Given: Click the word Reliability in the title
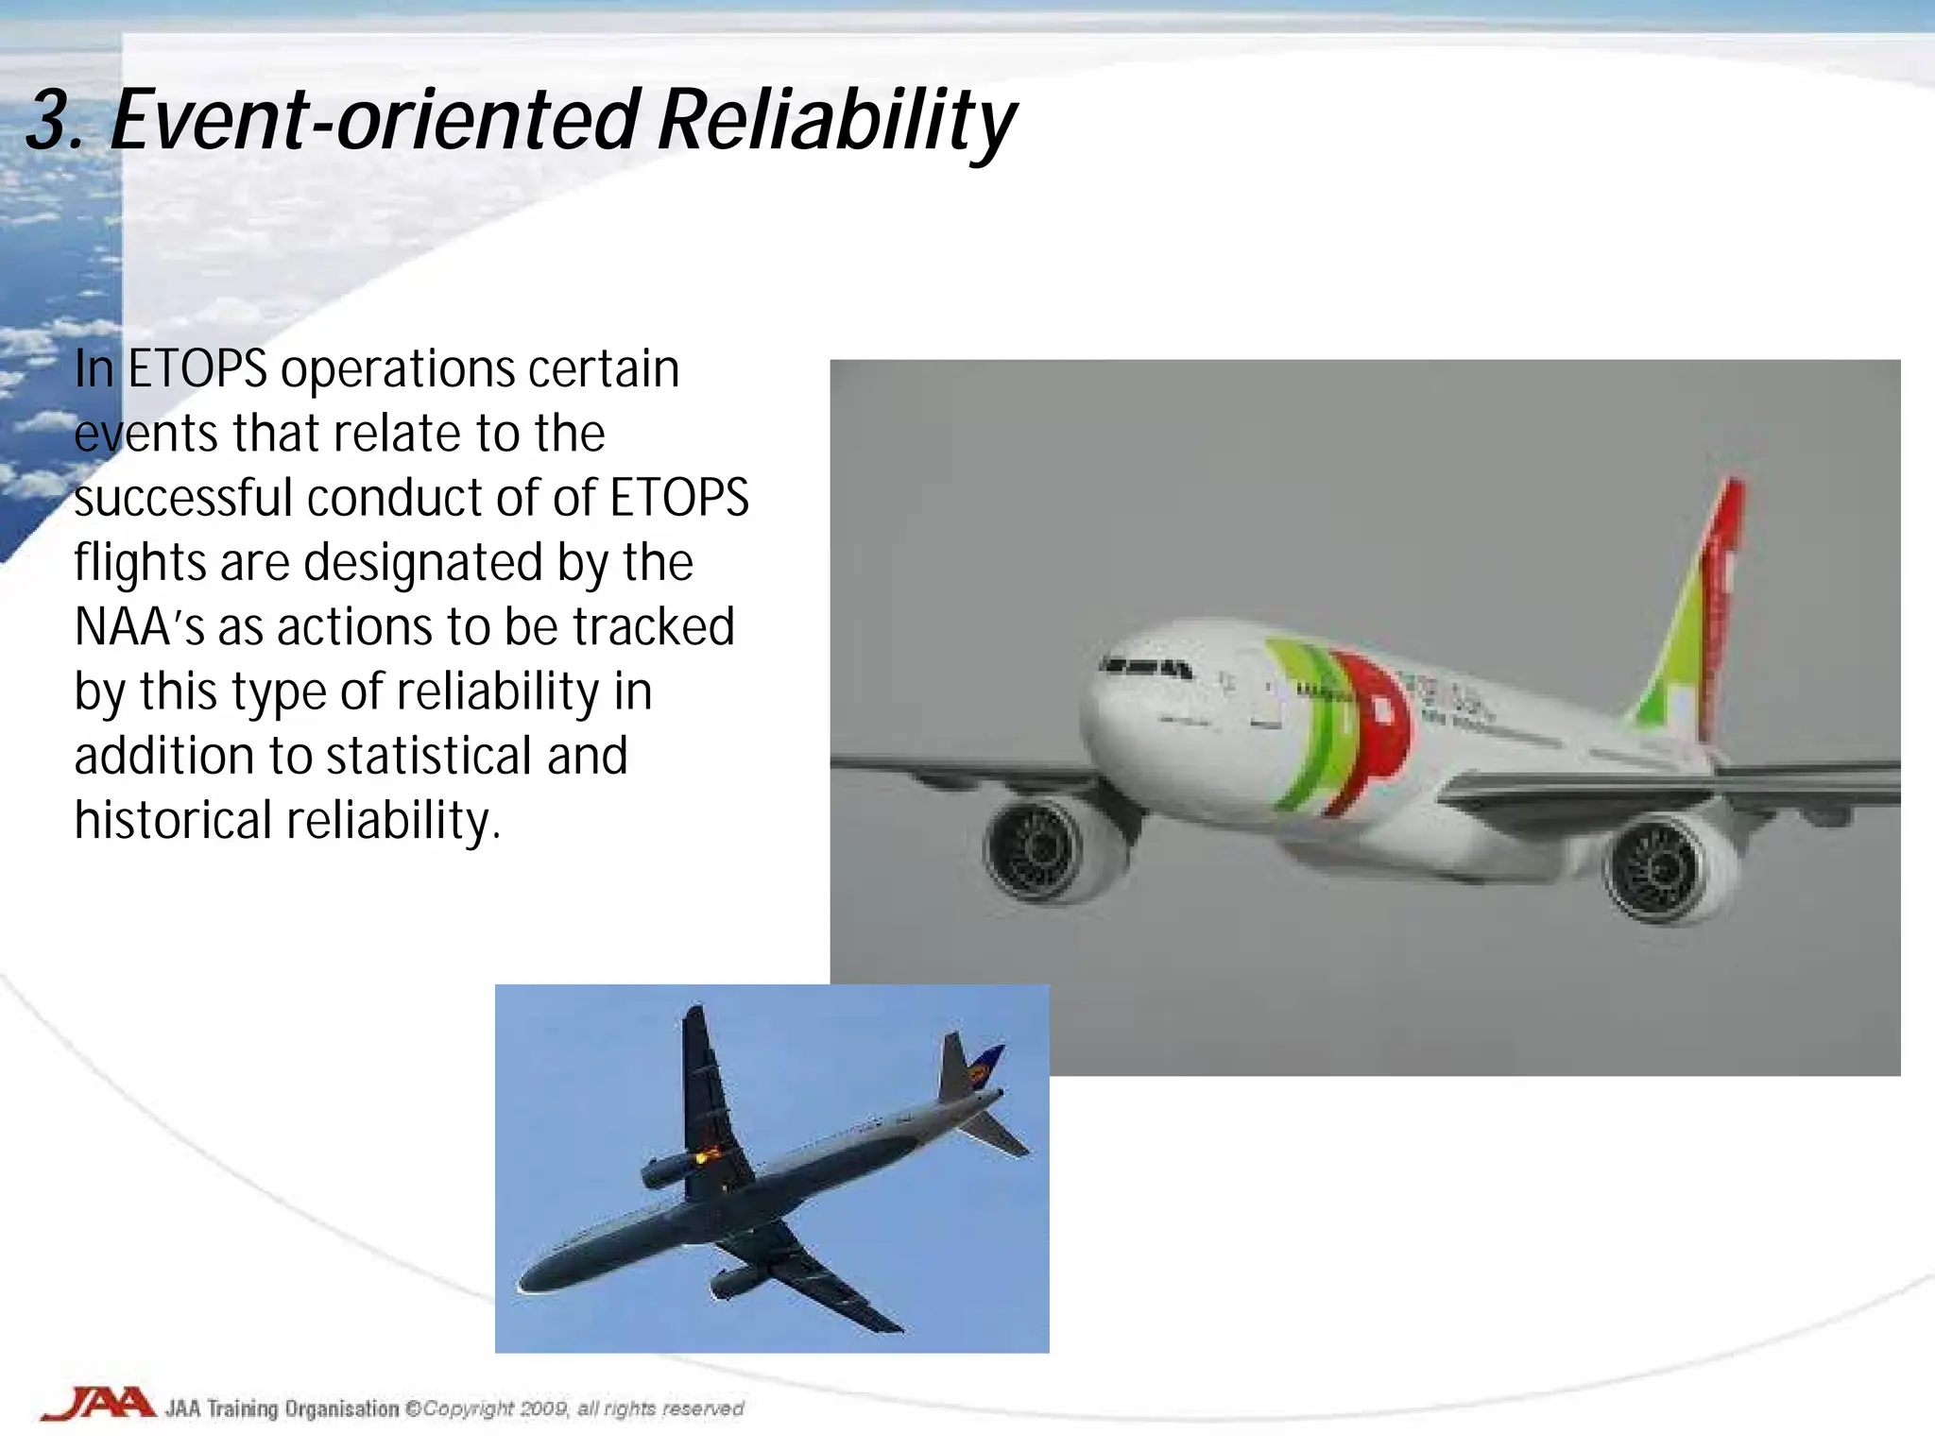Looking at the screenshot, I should coord(835,121).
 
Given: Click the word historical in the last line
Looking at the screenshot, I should coord(173,820).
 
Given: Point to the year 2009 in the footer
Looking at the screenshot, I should coord(543,1408).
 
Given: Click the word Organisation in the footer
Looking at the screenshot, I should coord(342,1408).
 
